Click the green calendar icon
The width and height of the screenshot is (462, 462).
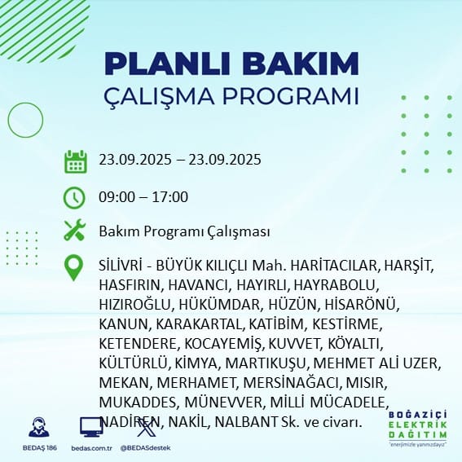click(x=75, y=161)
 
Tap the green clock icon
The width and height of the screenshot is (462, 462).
click(x=75, y=197)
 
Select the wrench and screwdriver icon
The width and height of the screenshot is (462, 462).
click(x=75, y=231)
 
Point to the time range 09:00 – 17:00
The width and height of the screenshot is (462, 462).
click(x=143, y=197)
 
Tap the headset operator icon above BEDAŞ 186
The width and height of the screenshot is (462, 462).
click(x=38, y=427)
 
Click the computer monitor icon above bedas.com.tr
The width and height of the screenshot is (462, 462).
click(x=90, y=427)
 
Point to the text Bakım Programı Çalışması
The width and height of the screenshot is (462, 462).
click(x=184, y=231)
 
